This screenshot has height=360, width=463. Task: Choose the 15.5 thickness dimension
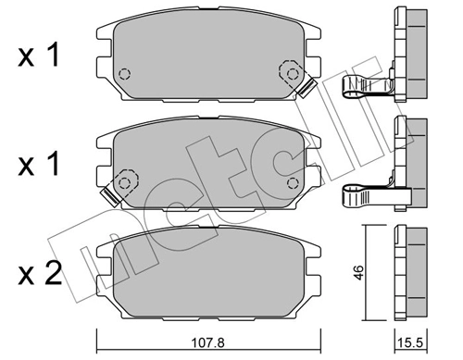click(407, 341)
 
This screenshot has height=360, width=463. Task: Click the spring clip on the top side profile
click(370, 87)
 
